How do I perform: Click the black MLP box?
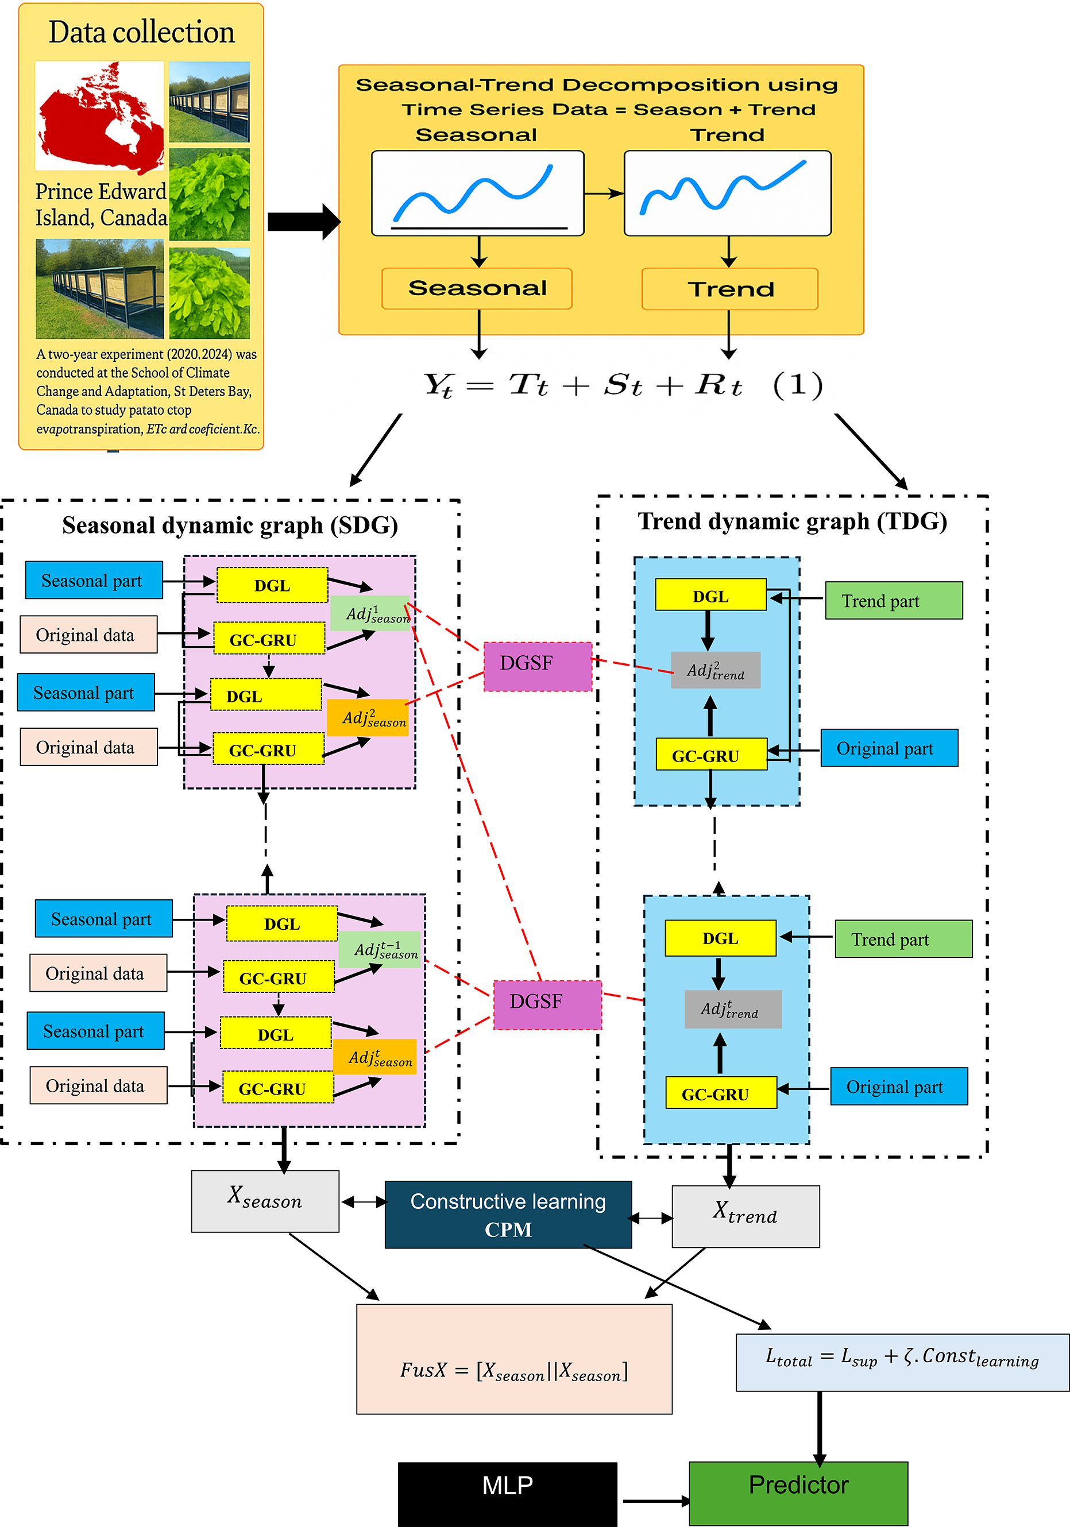click(507, 1493)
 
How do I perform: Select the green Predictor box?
click(798, 1493)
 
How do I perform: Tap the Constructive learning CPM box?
click(508, 1215)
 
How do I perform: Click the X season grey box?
click(265, 1201)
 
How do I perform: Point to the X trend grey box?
click(745, 1216)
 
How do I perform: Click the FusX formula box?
click(514, 1359)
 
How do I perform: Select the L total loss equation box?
click(902, 1362)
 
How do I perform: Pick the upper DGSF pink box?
click(538, 666)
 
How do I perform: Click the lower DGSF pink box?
click(547, 1004)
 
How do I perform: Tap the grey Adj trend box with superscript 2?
click(715, 670)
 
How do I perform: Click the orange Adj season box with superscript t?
click(374, 1056)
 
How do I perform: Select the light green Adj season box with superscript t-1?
click(380, 949)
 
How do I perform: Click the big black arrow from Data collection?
click(303, 222)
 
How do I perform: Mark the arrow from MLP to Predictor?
click(655, 1501)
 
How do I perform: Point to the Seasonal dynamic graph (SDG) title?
click(230, 525)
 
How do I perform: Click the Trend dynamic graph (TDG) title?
click(793, 521)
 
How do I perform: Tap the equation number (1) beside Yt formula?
click(797, 384)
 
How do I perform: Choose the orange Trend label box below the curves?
click(729, 289)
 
